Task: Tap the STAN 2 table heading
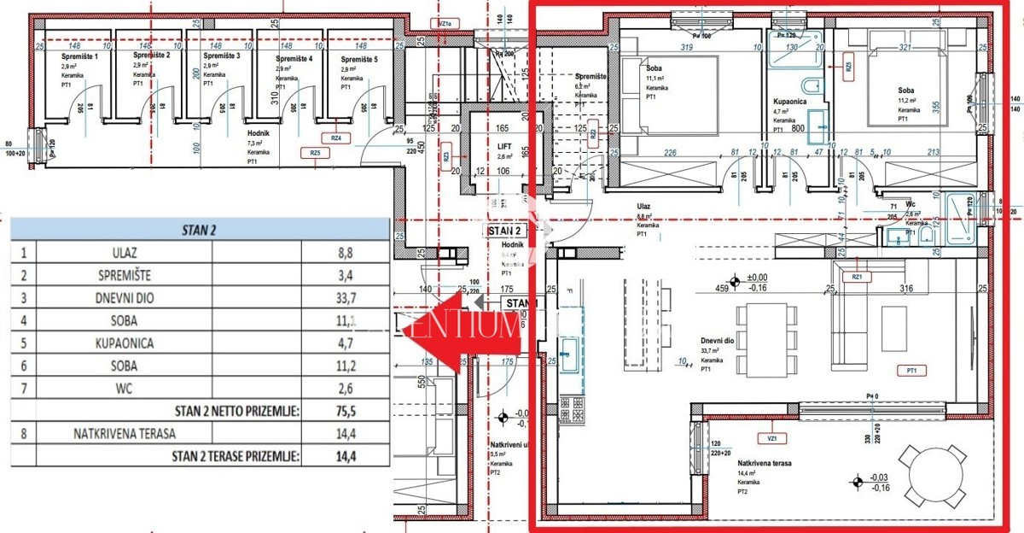(x=199, y=230)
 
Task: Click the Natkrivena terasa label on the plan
(x=765, y=463)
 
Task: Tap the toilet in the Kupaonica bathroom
(x=812, y=86)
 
